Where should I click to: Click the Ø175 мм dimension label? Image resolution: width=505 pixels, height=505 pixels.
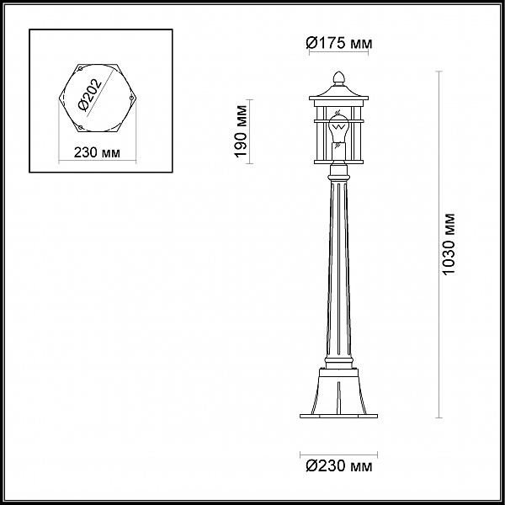338,43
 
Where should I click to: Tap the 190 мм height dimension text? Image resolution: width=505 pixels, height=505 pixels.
242,132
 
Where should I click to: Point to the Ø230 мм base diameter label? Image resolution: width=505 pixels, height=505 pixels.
338,465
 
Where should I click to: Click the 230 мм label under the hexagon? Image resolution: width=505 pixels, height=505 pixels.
96,152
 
